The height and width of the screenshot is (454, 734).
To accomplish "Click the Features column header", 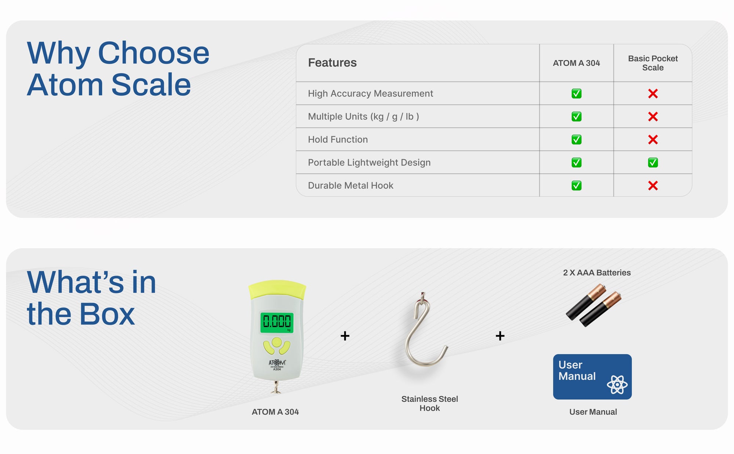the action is point(332,63).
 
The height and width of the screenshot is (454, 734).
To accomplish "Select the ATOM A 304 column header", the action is point(576,63).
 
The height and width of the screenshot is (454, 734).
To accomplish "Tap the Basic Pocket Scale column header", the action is point(653,63).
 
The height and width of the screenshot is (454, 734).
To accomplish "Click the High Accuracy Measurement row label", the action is point(370,94).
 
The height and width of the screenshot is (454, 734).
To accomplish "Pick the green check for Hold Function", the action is point(576,139).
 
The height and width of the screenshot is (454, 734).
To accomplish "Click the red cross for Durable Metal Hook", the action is point(653,185).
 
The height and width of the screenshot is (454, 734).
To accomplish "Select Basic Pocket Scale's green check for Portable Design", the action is point(653,162).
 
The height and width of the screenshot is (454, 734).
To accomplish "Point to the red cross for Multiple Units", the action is point(653,116).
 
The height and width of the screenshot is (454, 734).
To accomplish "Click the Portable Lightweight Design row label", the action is point(369,163).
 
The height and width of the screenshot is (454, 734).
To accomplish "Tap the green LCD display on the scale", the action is point(277,322).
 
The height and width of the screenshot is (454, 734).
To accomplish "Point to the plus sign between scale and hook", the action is point(345,335).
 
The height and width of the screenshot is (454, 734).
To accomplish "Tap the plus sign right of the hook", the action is point(500,335).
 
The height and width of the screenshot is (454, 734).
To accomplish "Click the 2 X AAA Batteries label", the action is point(597,273).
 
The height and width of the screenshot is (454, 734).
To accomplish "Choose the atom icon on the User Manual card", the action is point(617,385).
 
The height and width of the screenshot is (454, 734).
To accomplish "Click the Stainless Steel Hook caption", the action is point(429,403).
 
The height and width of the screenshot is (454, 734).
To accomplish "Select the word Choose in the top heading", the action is point(153,53).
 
